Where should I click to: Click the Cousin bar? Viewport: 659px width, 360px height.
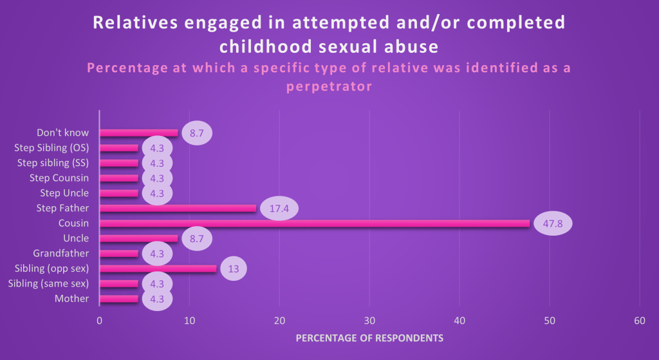314,223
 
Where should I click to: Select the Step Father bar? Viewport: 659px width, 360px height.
178,208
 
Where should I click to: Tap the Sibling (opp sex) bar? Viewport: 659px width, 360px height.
158,269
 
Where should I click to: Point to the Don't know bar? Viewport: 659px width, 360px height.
138,133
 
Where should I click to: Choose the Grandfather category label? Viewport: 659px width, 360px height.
61,254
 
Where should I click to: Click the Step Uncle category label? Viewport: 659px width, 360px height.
64,193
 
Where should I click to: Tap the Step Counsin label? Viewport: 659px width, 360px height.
59,178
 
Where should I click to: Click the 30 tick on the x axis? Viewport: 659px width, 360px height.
369,321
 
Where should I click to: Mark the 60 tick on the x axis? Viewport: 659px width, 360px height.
639,321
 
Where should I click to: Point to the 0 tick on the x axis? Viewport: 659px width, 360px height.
99,321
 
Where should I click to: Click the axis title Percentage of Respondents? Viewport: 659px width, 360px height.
369,337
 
